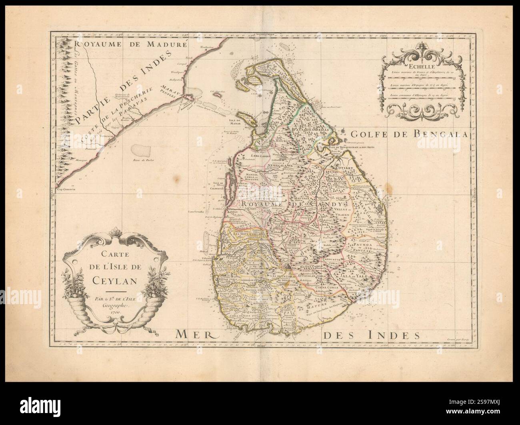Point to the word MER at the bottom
click(x=195, y=333)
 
